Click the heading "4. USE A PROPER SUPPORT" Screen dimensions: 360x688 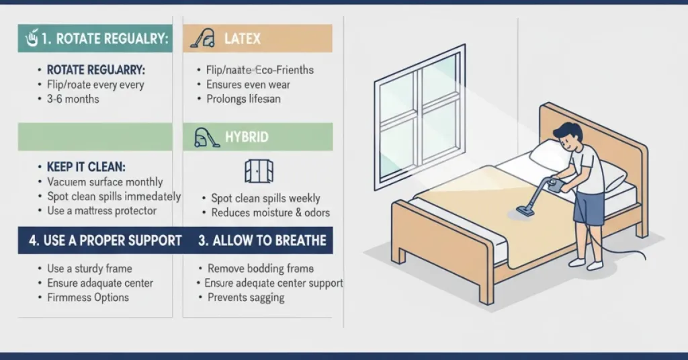tap(105, 240)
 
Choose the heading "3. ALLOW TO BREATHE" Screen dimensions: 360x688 tap(263, 240)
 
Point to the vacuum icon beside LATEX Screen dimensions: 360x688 tap(202, 38)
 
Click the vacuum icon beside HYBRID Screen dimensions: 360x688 tap(206, 138)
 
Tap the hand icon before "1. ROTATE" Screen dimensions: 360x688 tap(31, 39)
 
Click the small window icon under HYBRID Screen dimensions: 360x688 tap(259, 171)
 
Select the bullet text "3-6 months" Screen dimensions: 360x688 tap(73, 99)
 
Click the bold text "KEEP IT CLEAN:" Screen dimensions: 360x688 tap(86, 167)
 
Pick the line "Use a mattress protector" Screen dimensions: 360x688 tap(101, 211)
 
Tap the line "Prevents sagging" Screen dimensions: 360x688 tap(246, 298)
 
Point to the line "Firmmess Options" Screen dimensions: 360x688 tap(88, 298)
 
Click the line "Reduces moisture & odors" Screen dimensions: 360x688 tap(271, 213)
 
